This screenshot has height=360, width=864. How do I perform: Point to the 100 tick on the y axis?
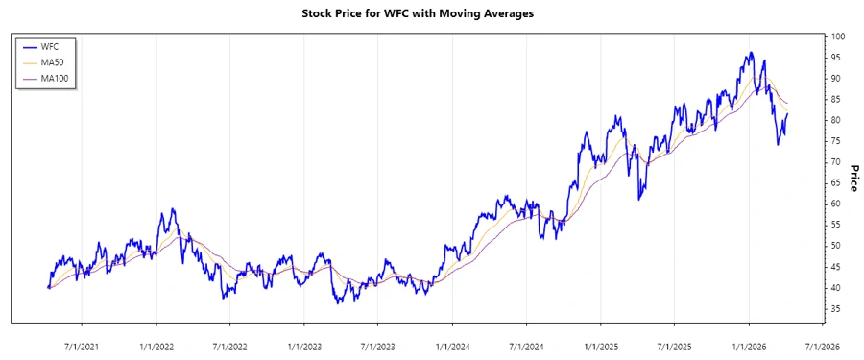[839, 36]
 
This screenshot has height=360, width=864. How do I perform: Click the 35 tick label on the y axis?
[837, 308]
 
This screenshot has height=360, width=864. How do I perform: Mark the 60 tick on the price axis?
[837, 204]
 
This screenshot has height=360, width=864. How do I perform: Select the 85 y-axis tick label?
[837, 99]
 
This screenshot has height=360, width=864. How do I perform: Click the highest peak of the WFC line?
[751, 53]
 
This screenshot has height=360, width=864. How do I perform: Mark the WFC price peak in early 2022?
[173, 209]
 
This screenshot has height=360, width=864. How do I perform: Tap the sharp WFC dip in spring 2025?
[639, 200]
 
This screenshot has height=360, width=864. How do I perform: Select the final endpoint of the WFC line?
[788, 114]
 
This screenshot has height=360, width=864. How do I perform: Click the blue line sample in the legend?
[28, 46]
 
